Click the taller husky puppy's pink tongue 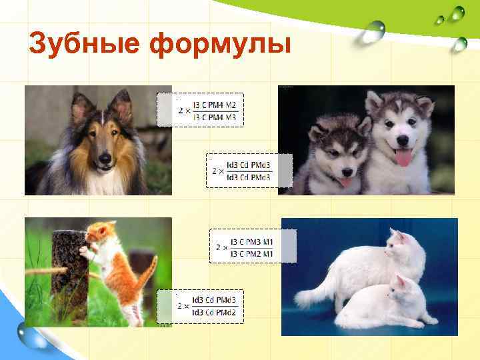click(403, 157)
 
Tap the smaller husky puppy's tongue click(345, 181)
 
